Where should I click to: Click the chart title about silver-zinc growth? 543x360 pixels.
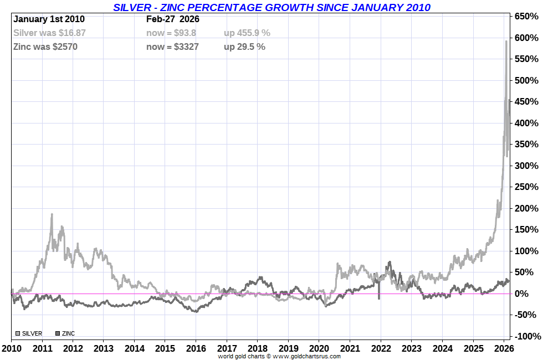(x=271, y=7)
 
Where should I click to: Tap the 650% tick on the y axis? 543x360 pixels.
(x=527, y=17)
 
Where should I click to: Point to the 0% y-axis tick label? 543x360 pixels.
(x=531, y=294)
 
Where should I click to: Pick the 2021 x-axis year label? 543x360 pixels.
(x=349, y=348)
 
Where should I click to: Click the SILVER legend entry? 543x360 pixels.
(x=29, y=333)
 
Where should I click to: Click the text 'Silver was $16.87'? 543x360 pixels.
(x=49, y=33)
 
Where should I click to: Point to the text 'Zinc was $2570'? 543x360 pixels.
(x=45, y=47)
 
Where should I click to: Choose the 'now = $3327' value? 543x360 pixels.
(x=172, y=47)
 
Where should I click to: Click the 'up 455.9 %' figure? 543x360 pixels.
(x=247, y=33)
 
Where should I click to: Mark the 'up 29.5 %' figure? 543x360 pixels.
(x=244, y=47)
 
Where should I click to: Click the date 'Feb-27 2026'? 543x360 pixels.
(x=173, y=19)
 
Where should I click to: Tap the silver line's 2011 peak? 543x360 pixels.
(x=52, y=214)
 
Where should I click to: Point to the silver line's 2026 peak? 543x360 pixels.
(x=506, y=41)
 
